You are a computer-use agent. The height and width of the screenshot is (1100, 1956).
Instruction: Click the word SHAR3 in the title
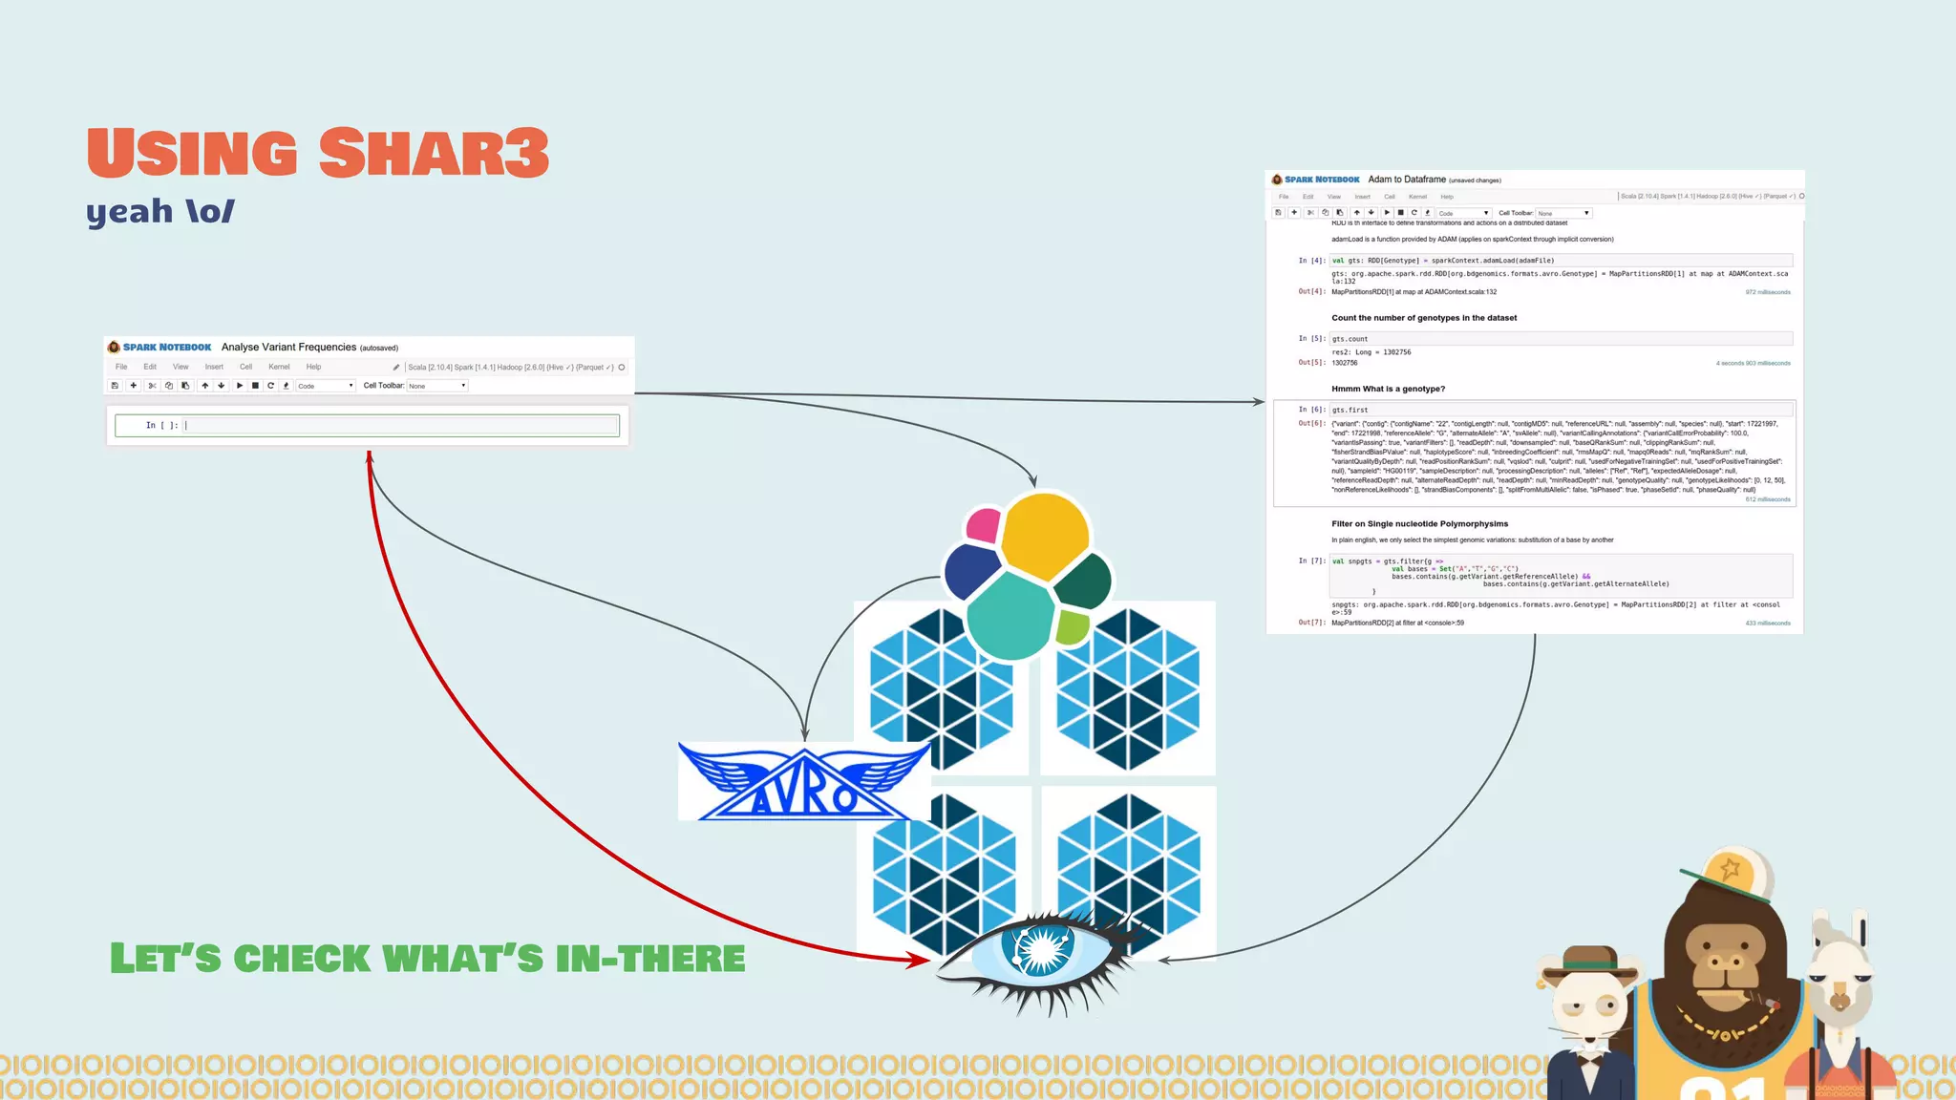pos(435,153)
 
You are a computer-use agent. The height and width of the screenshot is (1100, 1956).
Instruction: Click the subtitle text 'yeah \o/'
pos(160,211)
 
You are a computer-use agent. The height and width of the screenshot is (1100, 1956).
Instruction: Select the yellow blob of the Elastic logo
pos(1045,535)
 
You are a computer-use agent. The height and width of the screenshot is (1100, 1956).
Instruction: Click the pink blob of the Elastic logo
pos(983,525)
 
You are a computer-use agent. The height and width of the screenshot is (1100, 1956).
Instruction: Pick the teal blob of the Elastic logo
pos(1009,615)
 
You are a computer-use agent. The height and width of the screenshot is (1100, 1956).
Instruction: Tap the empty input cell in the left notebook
pos(401,426)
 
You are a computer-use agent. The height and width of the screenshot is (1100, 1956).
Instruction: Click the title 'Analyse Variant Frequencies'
pos(288,348)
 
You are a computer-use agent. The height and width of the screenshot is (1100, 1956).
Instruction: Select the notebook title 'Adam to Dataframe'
pos(1407,180)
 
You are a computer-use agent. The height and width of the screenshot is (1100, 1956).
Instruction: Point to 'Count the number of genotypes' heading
pos(1423,318)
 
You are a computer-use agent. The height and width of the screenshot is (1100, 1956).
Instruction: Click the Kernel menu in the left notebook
pos(279,367)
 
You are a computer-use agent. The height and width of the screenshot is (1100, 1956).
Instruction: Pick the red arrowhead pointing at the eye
pos(919,960)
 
